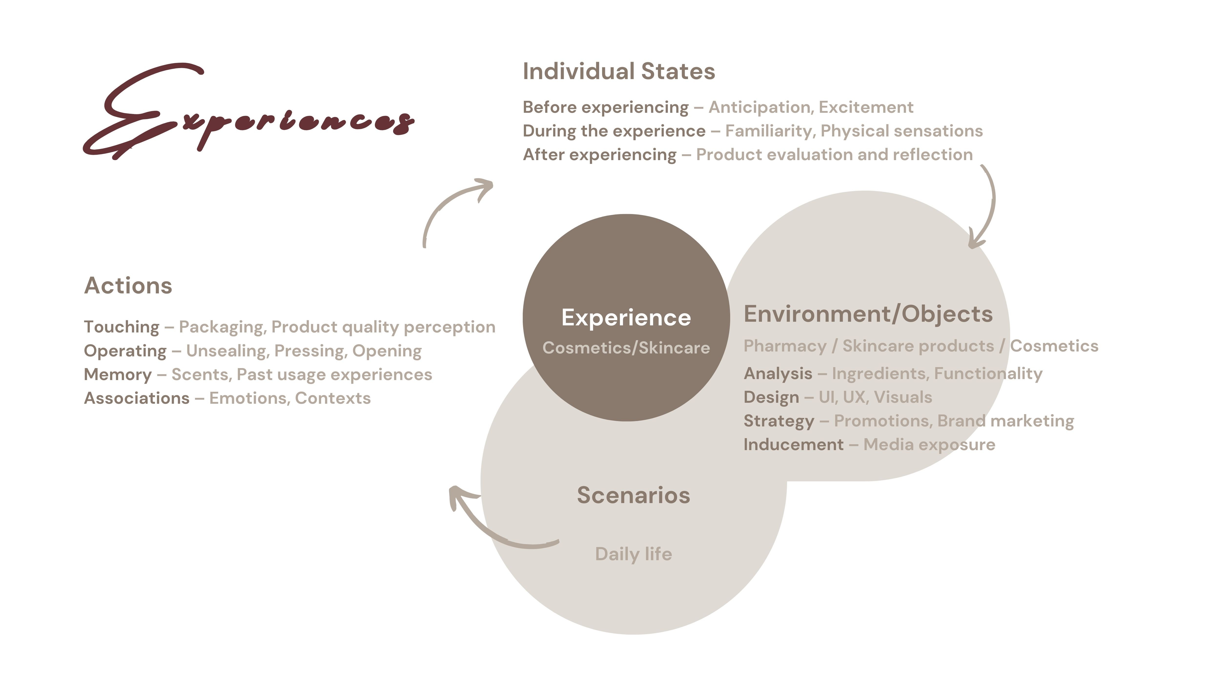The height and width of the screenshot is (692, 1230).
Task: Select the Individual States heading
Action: (x=619, y=71)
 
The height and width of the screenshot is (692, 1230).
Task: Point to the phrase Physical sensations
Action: (x=902, y=131)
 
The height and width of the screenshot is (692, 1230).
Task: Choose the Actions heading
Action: (x=128, y=286)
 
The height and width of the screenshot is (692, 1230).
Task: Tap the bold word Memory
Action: (x=117, y=374)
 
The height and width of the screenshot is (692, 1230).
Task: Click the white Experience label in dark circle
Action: (x=626, y=318)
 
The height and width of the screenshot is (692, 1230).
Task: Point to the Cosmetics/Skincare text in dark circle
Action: (x=626, y=348)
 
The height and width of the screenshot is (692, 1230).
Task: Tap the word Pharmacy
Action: (x=785, y=346)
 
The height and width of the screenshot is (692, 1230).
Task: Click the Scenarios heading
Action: (x=633, y=495)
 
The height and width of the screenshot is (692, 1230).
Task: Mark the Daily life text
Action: (x=633, y=554)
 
